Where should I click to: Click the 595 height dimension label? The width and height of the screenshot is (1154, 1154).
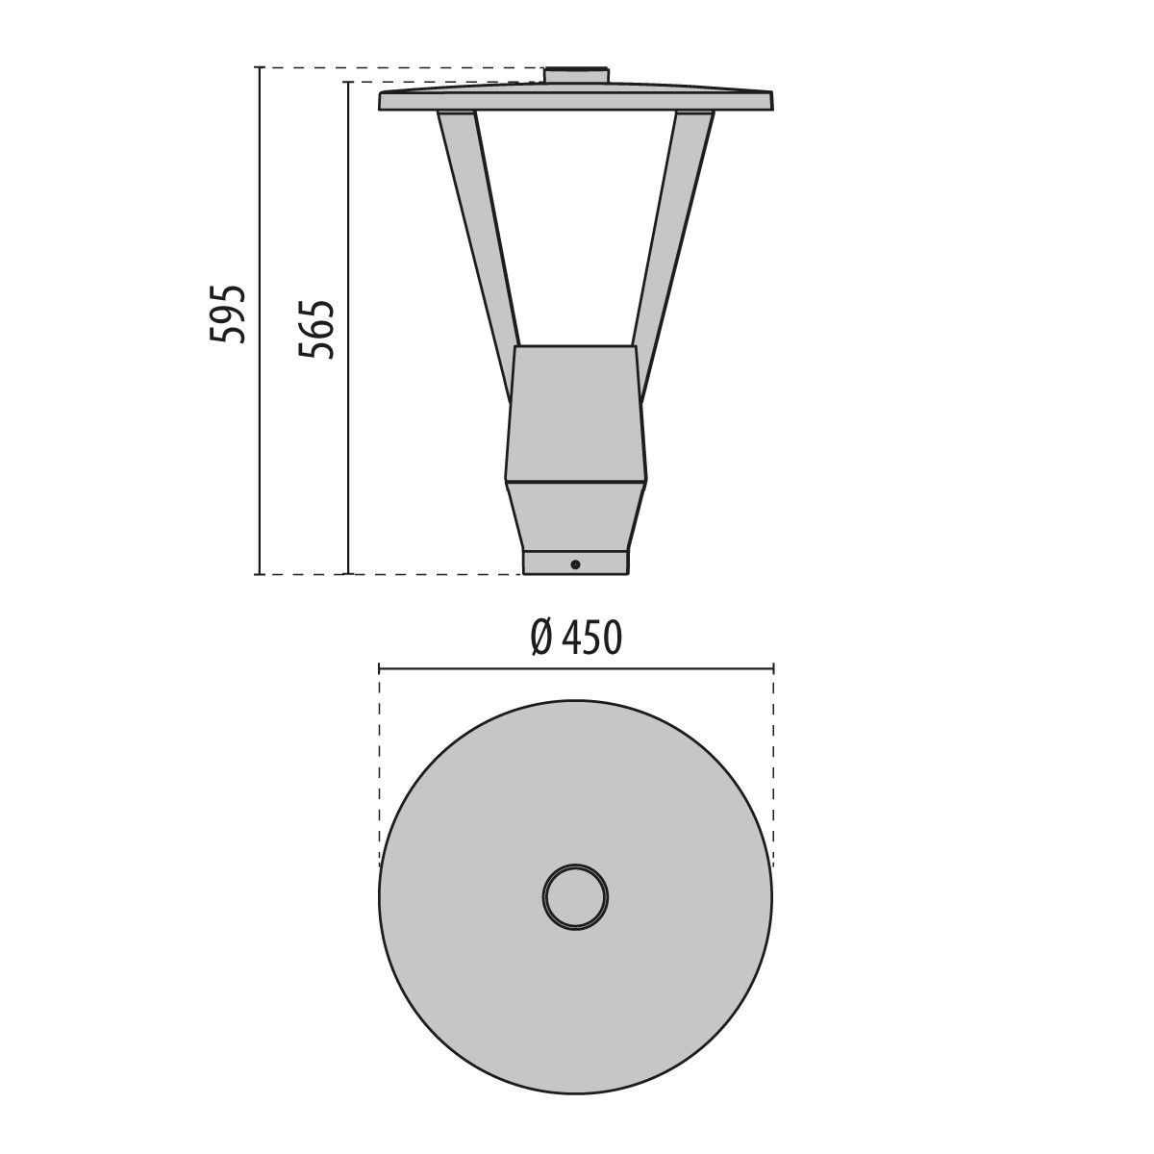click(x=229, y=314)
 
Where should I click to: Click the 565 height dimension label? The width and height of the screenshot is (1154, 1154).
click(x=315, y=330)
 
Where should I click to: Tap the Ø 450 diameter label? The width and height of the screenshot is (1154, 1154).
click(x=576, y=637)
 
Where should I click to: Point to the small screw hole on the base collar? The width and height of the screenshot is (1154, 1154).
click(x=575, y=564)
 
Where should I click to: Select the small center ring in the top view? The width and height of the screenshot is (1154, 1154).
click(x=575, y=897)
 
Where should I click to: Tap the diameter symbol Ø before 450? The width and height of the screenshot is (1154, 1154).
click(x=540, y=637)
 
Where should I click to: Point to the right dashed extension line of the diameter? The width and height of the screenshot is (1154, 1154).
click(x=773, y=750)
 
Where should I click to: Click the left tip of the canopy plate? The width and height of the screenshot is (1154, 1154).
click(x=382, y=101)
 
